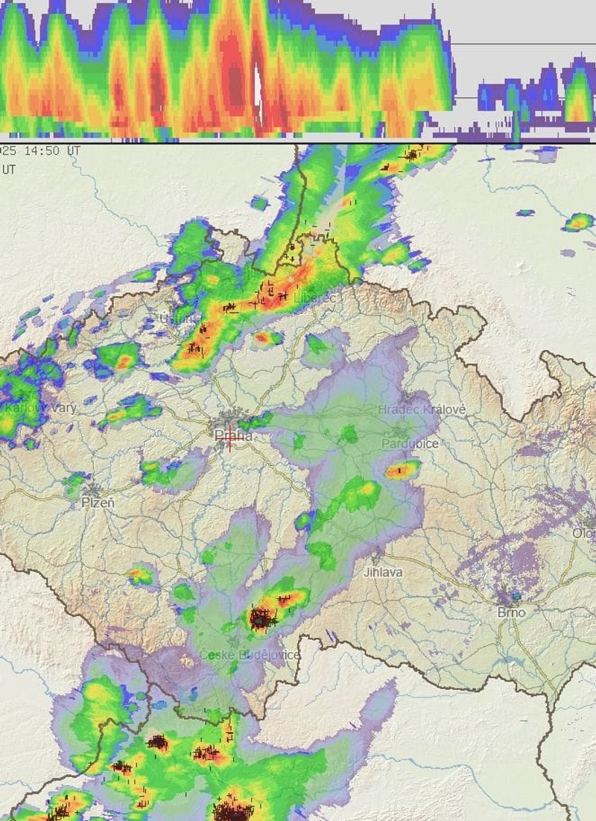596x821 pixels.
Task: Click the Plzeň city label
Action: tap(98, 504)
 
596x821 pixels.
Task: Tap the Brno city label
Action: tap(511, 612)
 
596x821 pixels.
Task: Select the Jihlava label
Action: tap(383, 572)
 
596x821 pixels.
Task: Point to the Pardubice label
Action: tap(410, 443)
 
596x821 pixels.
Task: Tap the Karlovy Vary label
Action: tap(40, 408)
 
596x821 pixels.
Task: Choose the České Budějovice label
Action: tap(250, 655)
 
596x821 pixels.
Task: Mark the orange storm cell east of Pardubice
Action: tap(402, 470)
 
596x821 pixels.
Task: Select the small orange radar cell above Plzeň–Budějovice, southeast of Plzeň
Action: tap(139, 575)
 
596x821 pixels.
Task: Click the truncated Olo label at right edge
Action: tap(584, 533)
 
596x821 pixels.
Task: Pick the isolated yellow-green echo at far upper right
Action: tap(578, 221)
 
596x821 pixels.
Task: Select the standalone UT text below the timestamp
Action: tap(8, 169)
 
